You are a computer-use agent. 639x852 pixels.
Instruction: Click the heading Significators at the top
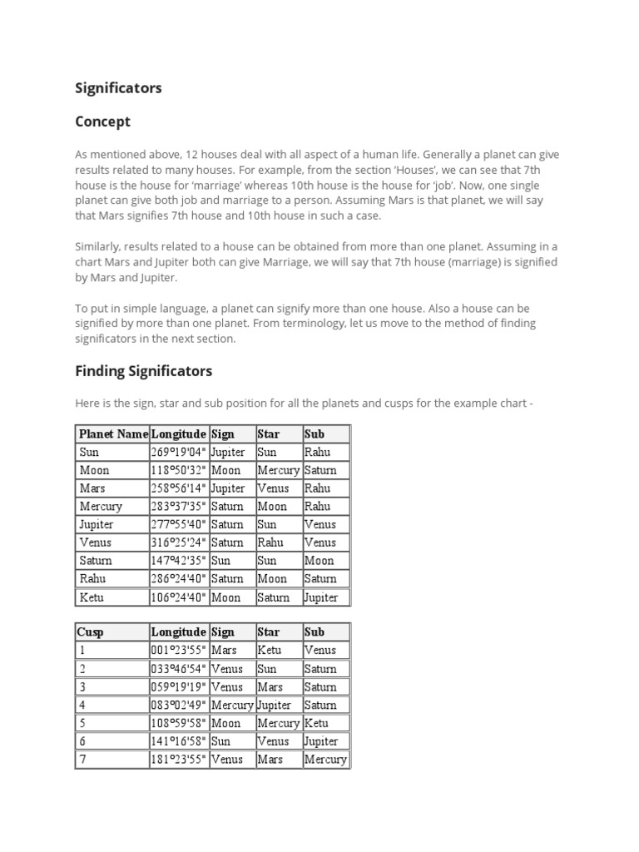tap(118, 87)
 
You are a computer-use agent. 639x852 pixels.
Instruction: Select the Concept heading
tap(102, 121)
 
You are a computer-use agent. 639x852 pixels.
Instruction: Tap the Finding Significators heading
tap(143, 370)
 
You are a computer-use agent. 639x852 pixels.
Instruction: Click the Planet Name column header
tap(113, 433)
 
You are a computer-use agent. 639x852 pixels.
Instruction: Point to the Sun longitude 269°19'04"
tap(178, 452)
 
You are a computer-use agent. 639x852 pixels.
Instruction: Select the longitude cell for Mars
tap(178, 488)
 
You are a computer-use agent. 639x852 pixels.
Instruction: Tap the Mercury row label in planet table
tap(101, 506)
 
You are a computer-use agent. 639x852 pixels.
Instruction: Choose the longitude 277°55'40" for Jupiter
tap(178, 524)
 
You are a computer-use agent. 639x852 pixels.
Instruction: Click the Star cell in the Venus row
tap(271, 542)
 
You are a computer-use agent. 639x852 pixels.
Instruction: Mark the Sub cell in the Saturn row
tap(319, 561)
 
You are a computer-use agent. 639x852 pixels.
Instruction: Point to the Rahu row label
tap(92, 579)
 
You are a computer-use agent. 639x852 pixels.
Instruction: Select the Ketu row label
tap(92, 597)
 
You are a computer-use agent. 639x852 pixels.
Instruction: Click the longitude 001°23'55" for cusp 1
tap(178, 650)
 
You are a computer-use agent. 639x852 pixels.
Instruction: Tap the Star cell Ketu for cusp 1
tap(270, 650)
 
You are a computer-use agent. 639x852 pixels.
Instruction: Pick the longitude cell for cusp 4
tap(178, 705)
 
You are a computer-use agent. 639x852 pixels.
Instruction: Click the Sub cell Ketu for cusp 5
tap(317, 723)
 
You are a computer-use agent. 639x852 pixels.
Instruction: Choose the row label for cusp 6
tap(82, 741)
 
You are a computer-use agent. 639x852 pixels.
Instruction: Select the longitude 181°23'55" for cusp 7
tap(178, 759)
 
